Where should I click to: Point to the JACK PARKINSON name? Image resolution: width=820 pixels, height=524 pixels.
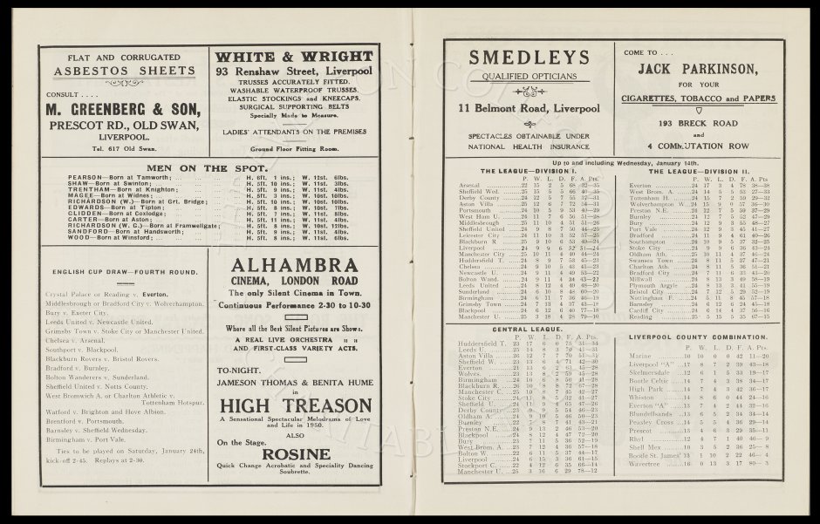point(700,66)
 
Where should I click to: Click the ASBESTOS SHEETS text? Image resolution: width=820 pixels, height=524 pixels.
point(120,71)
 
